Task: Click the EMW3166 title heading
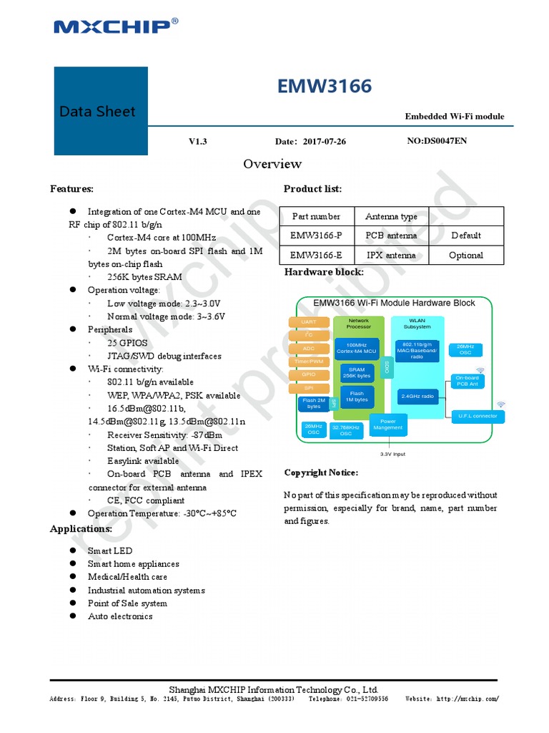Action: (325, 87)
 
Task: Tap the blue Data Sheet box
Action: (101, 111)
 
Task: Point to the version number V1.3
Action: (198, 142)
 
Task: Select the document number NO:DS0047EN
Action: (437, 141)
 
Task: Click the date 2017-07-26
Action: (324, 142)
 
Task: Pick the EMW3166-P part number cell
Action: (315, 236)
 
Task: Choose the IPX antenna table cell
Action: (391, 256)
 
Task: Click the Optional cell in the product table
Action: (465, 256)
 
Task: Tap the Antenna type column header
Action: (391, 216)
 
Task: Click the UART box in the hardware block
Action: (309, 322)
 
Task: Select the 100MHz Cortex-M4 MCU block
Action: (356, 348)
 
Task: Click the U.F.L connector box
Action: (473, 415)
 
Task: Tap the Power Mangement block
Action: (388, 424)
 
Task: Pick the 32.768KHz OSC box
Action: (346, 431)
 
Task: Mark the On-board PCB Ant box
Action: (467, 381)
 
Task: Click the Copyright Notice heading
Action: (321, 473)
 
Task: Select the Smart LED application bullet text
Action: (110, 551)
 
